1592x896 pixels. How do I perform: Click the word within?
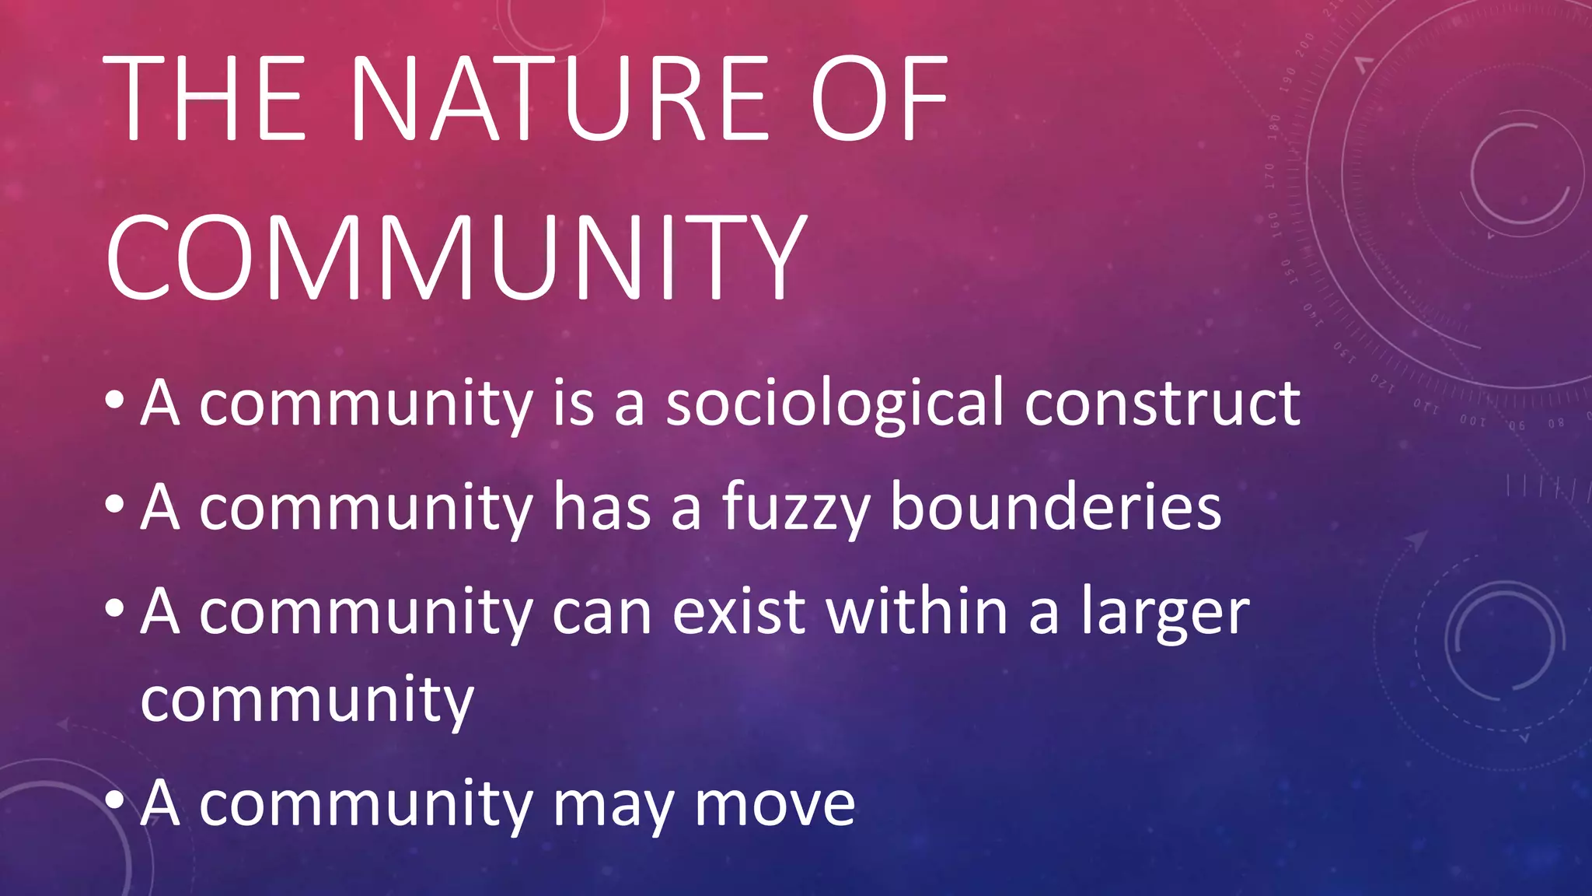click(917, 611)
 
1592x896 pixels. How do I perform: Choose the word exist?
click(738, 611)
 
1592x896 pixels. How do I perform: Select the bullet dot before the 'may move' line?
click(114, 800)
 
